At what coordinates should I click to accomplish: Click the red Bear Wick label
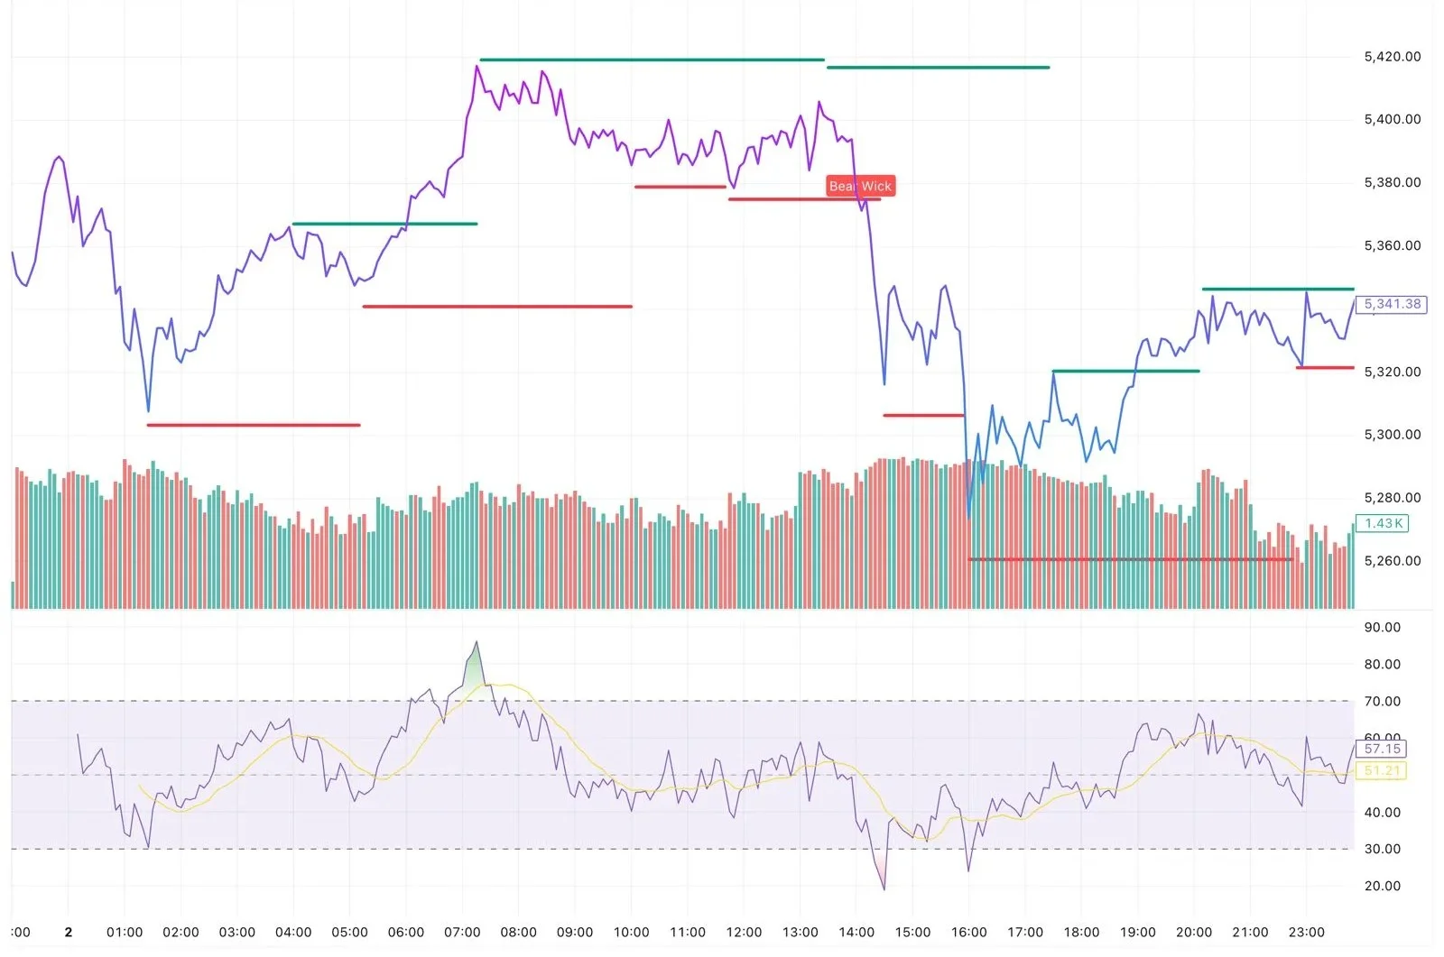[x=860, y=186]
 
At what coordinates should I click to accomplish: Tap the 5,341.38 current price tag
[x=1392, y=304]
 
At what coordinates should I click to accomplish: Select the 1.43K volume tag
[x=1384, y=523]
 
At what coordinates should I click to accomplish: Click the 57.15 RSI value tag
[x=1382, y=749]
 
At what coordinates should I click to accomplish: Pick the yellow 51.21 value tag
[x=1382, y=770]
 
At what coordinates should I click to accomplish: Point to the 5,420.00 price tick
[x=1392, y=56]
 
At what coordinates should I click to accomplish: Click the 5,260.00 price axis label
[x=1392, y=560]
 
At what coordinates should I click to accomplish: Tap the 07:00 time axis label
[x=462, y=932]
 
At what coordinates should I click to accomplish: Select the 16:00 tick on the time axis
[x=968, y=932]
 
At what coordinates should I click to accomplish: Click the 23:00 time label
[x=1306, y=932]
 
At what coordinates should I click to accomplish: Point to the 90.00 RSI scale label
[x=1382, y=627]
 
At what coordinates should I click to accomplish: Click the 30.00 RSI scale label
[x=1382, y=849]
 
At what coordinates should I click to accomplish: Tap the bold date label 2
[x=69, y=932]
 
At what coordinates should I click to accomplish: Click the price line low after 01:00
[x=149, y=411]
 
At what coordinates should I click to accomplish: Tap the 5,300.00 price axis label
[x=1392, y=434]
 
